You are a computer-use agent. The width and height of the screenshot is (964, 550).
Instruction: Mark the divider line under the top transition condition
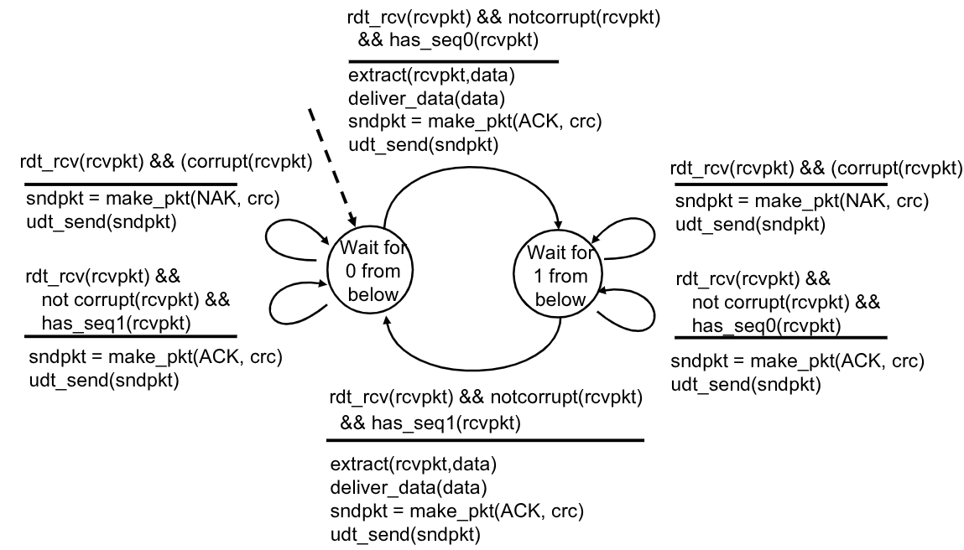(453, 61)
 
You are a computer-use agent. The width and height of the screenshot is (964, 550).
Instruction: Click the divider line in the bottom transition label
(485, 439)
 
